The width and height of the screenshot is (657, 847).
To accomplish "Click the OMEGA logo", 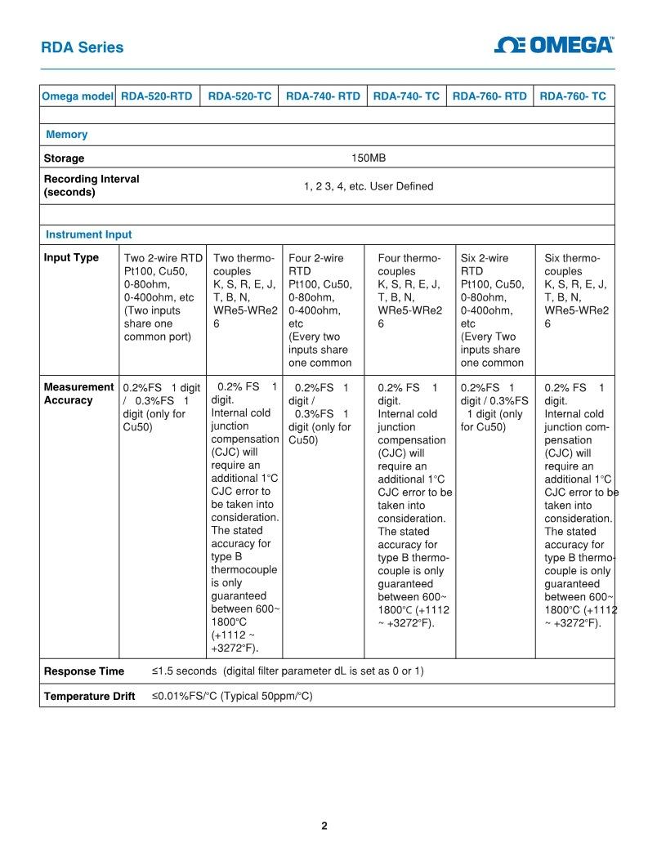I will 555,46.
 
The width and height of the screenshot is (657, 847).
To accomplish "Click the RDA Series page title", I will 83,47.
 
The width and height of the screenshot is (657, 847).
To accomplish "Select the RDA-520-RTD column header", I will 157,96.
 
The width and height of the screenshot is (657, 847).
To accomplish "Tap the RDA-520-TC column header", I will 239,96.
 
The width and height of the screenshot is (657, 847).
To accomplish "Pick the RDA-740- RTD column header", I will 323,96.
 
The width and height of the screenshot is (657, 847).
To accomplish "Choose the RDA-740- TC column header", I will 406,96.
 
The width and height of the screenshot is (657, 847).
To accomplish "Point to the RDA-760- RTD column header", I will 489,96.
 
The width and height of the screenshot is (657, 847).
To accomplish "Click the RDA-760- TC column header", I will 573,96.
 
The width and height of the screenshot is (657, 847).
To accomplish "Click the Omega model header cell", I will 78,96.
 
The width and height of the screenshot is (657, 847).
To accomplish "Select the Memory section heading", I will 66,135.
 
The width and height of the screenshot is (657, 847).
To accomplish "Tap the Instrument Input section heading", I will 88,234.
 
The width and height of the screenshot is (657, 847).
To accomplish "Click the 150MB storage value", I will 369,158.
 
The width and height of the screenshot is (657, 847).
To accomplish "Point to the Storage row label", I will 64,158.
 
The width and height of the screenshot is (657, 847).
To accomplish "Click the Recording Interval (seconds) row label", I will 91,185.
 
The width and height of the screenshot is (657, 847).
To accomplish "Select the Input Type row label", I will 71,258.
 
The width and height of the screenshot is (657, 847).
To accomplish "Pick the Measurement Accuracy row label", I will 78,394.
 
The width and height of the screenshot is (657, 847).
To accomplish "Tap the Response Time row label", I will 83,671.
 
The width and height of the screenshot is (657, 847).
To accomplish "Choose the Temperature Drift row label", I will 89,697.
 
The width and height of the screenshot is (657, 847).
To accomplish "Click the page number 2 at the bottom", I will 324,826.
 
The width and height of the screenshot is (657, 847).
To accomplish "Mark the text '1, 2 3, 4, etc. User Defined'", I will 369,186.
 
